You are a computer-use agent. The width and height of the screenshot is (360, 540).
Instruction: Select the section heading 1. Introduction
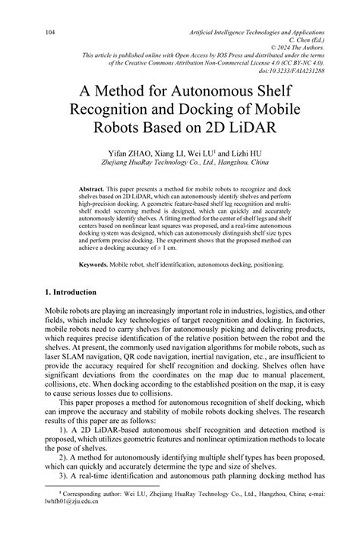coord(70,292)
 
